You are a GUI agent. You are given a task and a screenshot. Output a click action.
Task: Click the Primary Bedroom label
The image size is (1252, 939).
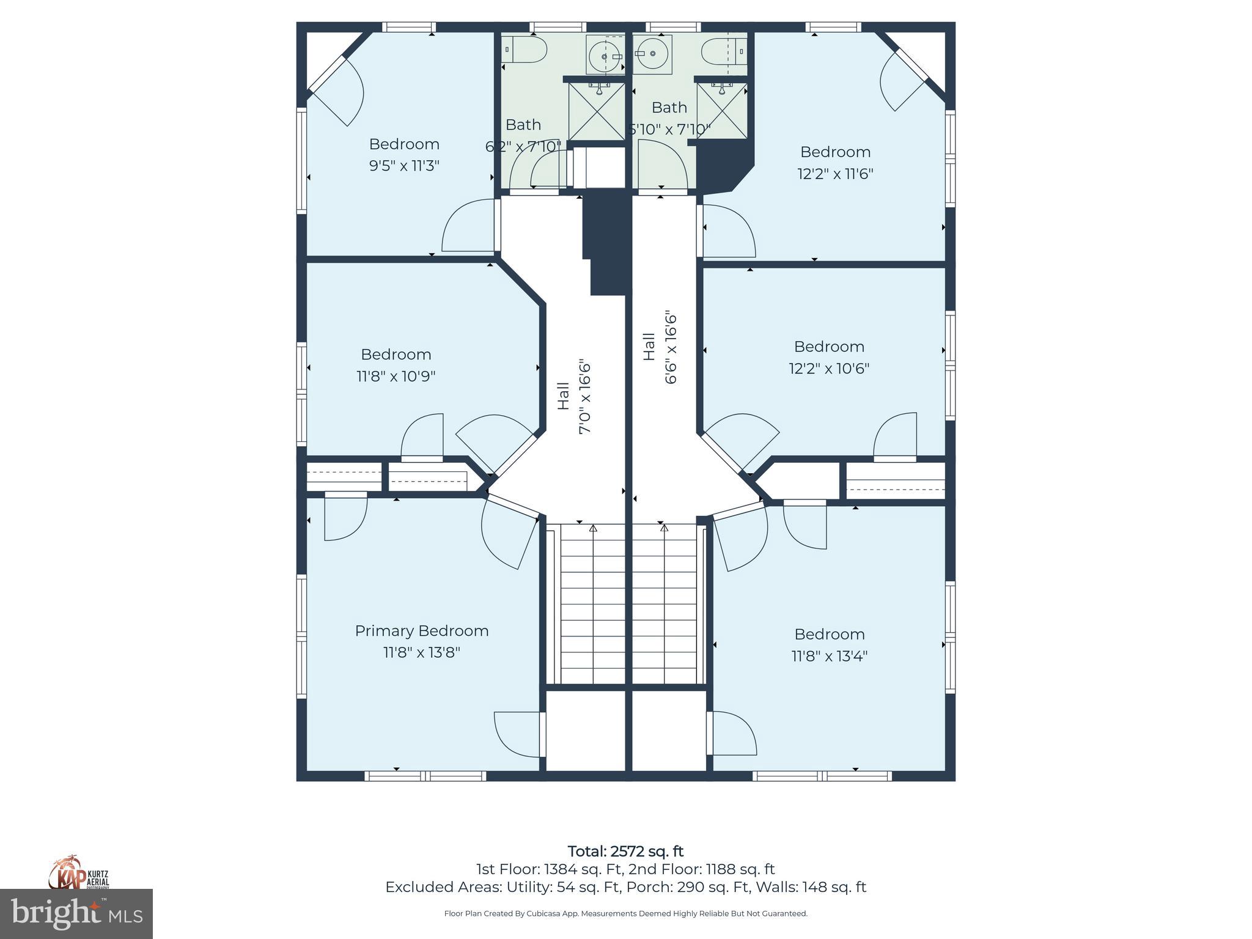(x=421, y=631)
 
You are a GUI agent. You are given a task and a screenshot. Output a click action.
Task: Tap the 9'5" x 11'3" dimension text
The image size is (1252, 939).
(x=404, y=166)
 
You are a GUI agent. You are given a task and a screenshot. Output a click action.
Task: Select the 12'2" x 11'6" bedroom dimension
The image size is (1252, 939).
(x=835, y=174)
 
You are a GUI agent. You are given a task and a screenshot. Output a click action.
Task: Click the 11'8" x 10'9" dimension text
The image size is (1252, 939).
(x=396, y=376)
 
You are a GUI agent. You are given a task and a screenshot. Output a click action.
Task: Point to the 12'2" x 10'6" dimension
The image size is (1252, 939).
(x=829, y=369)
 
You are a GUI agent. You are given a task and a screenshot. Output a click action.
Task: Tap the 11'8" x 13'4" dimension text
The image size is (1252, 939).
(x=829, y=656)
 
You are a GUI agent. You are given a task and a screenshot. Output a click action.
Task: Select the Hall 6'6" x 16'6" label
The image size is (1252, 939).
(x=660, y=348)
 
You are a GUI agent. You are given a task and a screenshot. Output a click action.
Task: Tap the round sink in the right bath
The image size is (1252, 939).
(x=652, y=54)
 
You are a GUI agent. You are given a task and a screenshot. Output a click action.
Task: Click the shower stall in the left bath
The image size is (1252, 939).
(x=596, y=111)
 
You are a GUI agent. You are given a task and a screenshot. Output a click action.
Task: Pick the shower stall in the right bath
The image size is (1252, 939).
(x=722, y=111)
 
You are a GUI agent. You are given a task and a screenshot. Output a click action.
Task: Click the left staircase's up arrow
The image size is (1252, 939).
(x=592, y=528)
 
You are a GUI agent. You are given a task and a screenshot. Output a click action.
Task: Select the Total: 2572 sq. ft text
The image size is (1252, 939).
(x=625, y=851)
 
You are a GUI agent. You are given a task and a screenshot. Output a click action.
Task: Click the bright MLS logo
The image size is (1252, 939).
(x=76, y=914)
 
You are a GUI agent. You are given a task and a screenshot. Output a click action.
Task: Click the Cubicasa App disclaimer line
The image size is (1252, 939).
(x=625, y=913)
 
